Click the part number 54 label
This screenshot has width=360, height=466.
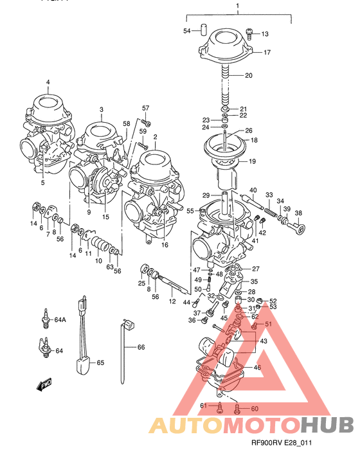click(x=187, y=31)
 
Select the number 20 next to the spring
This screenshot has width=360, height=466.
click(x=248, y=76)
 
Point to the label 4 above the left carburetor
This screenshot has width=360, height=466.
click(x=48, y=82)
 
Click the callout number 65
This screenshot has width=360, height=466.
click(x=100, y=363)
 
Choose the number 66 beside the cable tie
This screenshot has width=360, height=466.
click(x=140, y=347)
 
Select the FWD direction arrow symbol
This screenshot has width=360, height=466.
click(x=44, y=386)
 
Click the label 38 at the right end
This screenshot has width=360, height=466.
click(x=298, y=213)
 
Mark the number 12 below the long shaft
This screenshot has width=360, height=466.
click(x=172, y=301)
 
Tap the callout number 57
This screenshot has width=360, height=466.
click(x=145, y=107)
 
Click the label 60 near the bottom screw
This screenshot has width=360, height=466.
click(x=254, y=409)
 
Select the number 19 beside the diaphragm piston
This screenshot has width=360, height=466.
click(x=252, y=161)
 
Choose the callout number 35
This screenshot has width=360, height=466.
click(x=254, y=281)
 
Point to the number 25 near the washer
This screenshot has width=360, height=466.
click(x=141, y=283)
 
